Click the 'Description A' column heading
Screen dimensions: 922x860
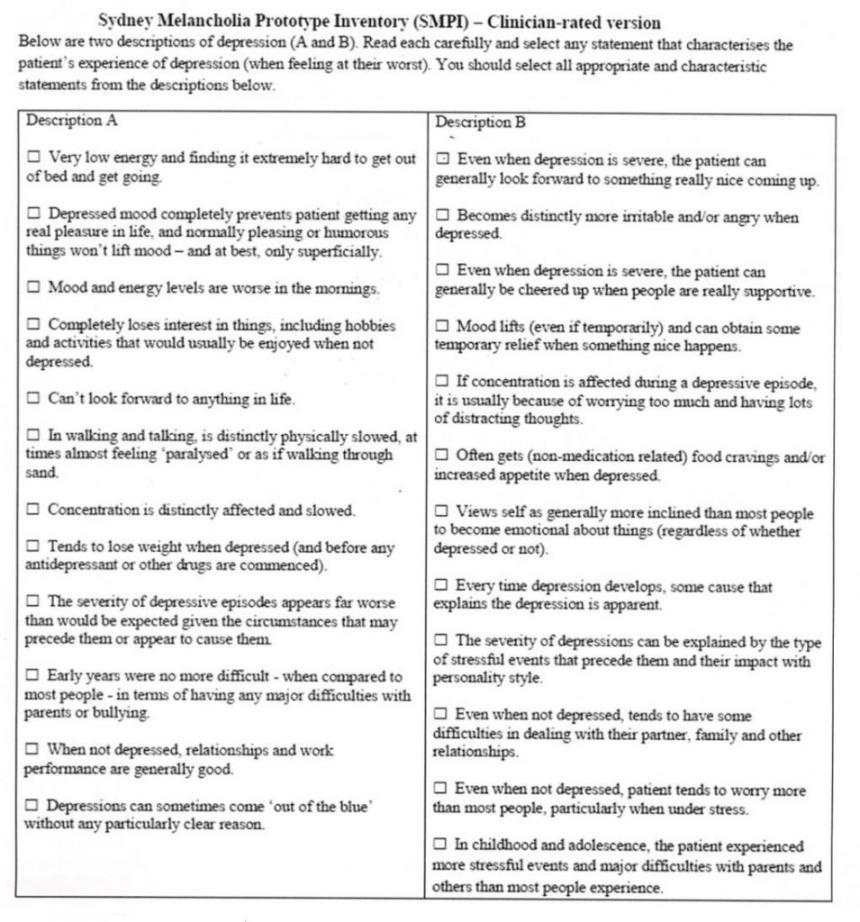click(x=72, y=121)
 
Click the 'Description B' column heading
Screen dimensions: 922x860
click(x=480, y=122)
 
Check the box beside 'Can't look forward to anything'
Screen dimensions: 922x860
click(x=33, y=398)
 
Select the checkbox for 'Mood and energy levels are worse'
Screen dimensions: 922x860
click(x=33, y=288)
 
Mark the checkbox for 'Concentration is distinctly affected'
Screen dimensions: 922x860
click(x=33, y=510)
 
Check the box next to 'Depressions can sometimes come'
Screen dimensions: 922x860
click(x=32, y=806)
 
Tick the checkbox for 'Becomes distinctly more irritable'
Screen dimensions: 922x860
click(x=442, y=216)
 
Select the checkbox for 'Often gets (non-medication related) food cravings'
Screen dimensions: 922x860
click(x=442, y=456)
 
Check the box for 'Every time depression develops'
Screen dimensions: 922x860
click(x=442, y=586)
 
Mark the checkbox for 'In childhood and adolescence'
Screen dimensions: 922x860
click(x=440, y=845)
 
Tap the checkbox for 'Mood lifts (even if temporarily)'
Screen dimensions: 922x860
click(x=442, y=327)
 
